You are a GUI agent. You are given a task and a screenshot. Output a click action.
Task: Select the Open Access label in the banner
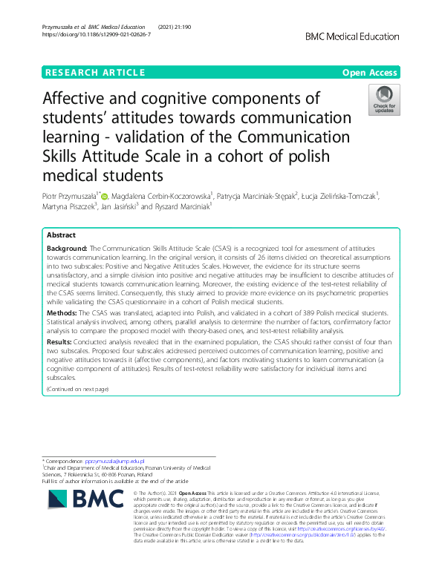(370, 72)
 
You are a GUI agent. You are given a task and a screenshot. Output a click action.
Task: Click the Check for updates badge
(385, 100)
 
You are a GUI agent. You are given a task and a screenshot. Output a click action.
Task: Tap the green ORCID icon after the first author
(104, 197)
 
